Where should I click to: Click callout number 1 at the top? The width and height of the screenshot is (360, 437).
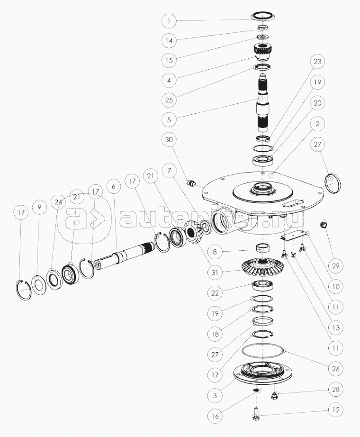pos(169,21)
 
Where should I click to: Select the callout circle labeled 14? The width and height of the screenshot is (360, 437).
pos(169,41)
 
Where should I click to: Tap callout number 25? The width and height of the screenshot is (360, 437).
pos(169,100)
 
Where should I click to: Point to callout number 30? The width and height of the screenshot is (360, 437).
pos(169,140)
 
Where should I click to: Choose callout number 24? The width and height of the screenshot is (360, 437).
pos(58,201)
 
